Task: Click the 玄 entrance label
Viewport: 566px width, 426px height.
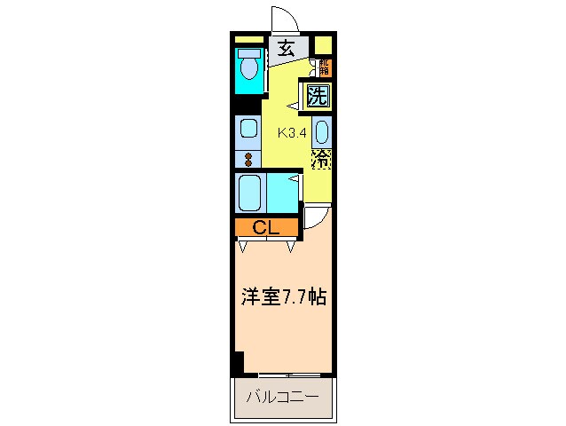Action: click(286, 50)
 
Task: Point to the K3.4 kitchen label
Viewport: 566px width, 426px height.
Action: click(292, 134)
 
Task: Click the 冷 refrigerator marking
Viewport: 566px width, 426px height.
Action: click(321, 161)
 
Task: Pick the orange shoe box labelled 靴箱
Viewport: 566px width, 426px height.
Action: click(324, 67)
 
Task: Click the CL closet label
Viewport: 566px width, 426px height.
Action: click(266, 228)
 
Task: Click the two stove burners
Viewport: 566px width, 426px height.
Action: click(248, 161)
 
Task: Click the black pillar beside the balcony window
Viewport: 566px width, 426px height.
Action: click(238, 364)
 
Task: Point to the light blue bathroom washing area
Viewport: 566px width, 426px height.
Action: click(281, 191)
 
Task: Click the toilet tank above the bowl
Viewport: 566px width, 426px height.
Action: click(248, 51)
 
